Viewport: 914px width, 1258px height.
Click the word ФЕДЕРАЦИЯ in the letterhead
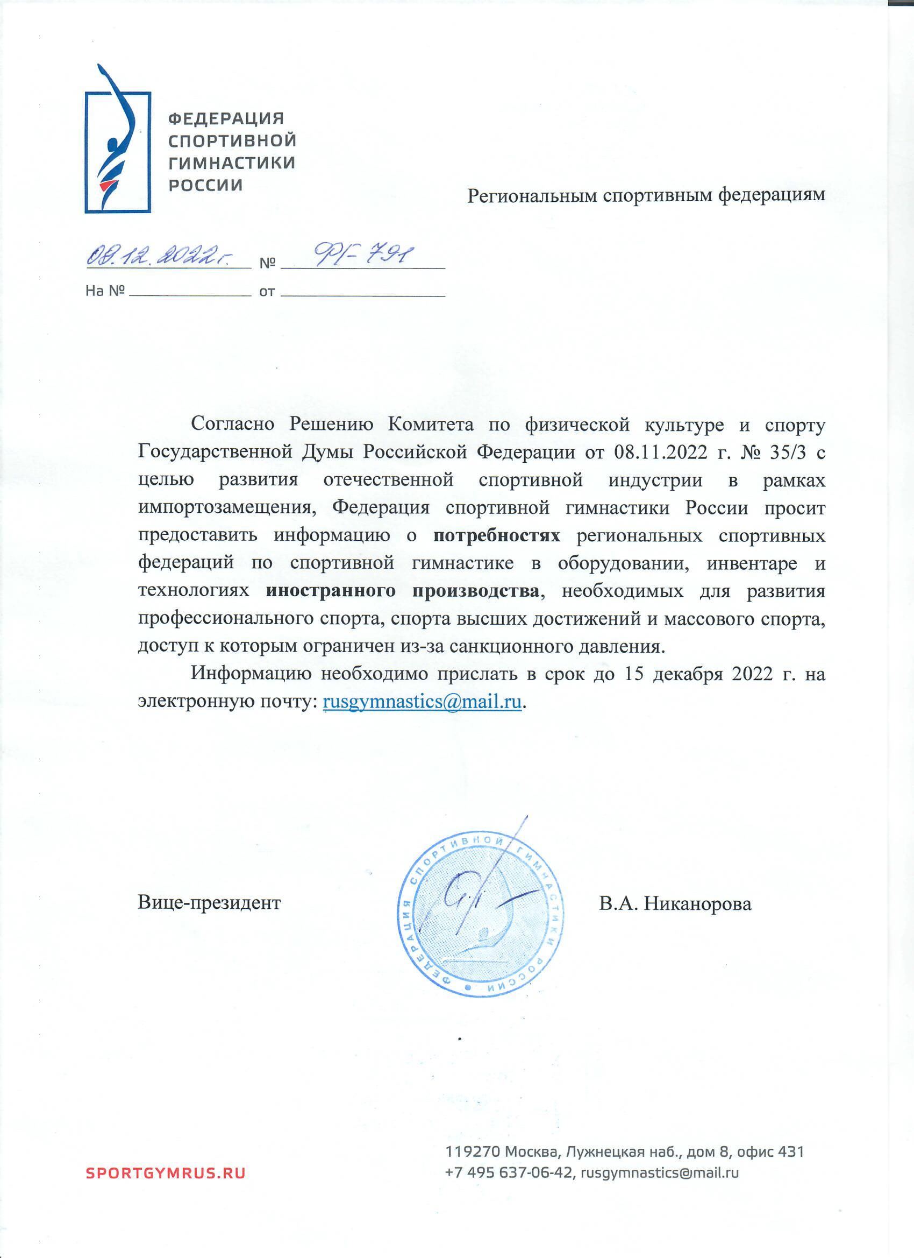[226, 118]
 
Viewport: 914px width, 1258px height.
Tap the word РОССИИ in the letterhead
[205, 185]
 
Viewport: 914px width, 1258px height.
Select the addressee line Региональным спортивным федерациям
[646, 195]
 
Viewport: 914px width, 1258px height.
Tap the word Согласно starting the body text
[232, 425]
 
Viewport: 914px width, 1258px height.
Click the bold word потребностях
[497, 536]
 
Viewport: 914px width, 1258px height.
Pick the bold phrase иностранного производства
[402, 591]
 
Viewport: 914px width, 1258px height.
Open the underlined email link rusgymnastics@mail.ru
[422, 702]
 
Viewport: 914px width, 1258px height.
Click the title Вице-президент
[209, 903]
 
